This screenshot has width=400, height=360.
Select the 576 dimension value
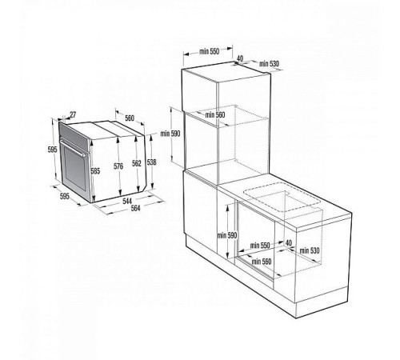[x=118, y=166]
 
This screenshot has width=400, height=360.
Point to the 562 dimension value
[x=136, y=163]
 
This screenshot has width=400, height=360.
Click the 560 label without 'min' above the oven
[x=130, y=116]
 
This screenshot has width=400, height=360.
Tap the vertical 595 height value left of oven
[x=51, y=150]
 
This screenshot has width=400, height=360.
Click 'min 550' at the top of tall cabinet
[x=209, y=51]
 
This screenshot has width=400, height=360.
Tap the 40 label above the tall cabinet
[x=239, y=58]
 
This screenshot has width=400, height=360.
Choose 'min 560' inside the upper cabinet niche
[x=214, y=116]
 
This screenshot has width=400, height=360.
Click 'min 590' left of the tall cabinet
[x=171, y=134]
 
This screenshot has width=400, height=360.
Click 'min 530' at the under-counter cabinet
[x=307, y=251]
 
